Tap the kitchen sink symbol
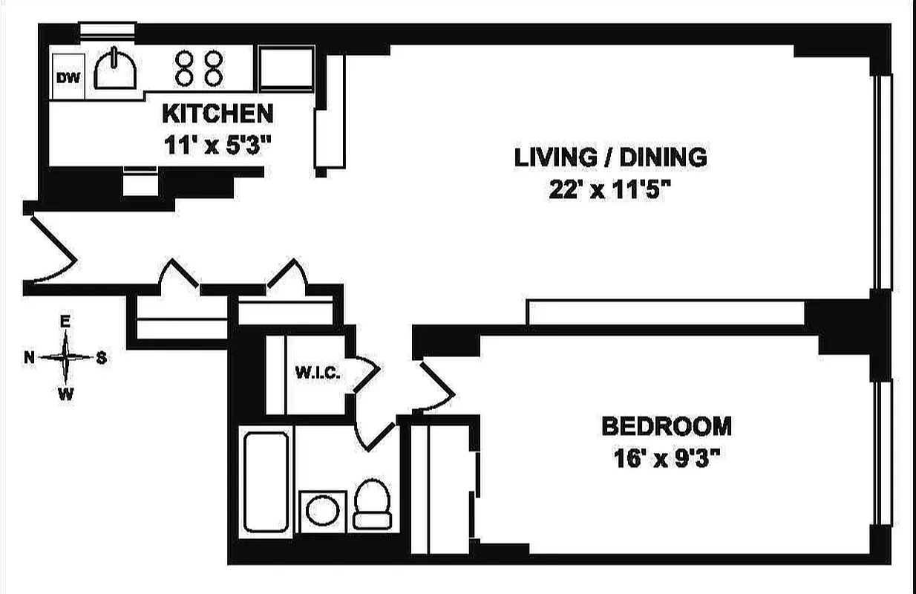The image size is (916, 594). [x=115, y=72]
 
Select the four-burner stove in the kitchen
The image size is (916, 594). [x=198, y=68]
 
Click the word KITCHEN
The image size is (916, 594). [x=217, y=114]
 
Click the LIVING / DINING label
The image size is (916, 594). [x=610, y=157]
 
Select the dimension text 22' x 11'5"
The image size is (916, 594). [x=610, y=191]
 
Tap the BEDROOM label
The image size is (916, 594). [x=666, y=426]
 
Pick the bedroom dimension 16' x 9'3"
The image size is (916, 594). [x=666, y=459]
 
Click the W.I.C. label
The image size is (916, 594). [x=318, y=373]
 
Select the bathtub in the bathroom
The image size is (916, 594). [x=266, y=482]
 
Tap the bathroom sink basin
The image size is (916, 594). [x=324, y=512]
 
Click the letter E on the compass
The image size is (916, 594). [x=65, y=322]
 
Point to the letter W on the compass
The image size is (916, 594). [x=66, y=395]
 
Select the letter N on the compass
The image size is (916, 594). [x=30, y=358]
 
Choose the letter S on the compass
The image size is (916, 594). [x=102, y=358]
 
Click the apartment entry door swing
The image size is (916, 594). [x=52, y=249]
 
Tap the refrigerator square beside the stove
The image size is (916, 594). [x=286, y=68]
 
